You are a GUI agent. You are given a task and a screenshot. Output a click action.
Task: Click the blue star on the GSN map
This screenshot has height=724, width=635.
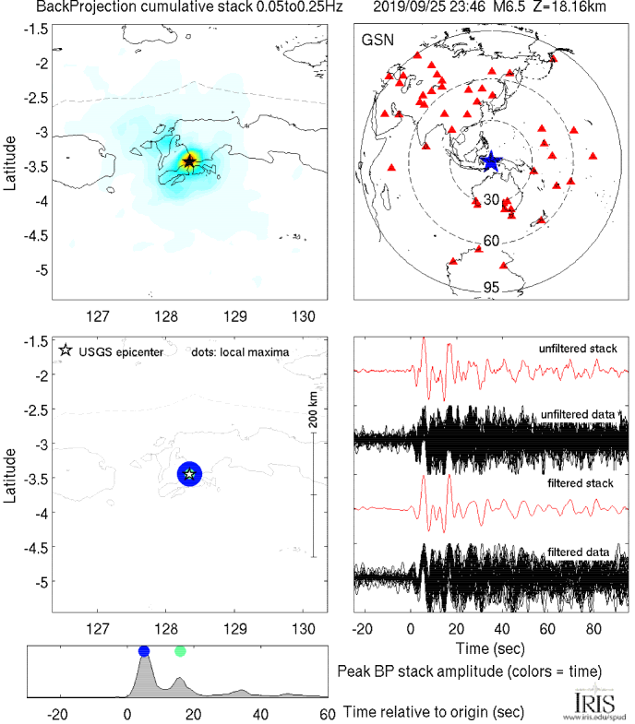490,161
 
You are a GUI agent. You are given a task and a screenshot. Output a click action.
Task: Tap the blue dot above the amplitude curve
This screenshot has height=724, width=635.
143,651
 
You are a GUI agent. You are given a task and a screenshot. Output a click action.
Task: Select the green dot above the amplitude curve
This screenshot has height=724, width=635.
180,651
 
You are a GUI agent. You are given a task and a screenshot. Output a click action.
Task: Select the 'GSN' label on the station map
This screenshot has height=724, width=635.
376,40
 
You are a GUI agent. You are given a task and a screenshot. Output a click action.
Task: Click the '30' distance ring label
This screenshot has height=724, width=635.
492,200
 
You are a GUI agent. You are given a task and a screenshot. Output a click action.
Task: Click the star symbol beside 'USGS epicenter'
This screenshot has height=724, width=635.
65,350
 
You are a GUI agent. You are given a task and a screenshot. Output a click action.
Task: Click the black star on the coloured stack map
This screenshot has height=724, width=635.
189,161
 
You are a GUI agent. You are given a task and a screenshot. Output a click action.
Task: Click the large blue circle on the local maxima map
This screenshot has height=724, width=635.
189,473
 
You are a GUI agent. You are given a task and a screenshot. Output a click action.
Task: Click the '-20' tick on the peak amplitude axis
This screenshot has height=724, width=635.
58,714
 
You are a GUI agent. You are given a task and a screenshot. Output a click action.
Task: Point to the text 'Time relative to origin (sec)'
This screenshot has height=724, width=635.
434,712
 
